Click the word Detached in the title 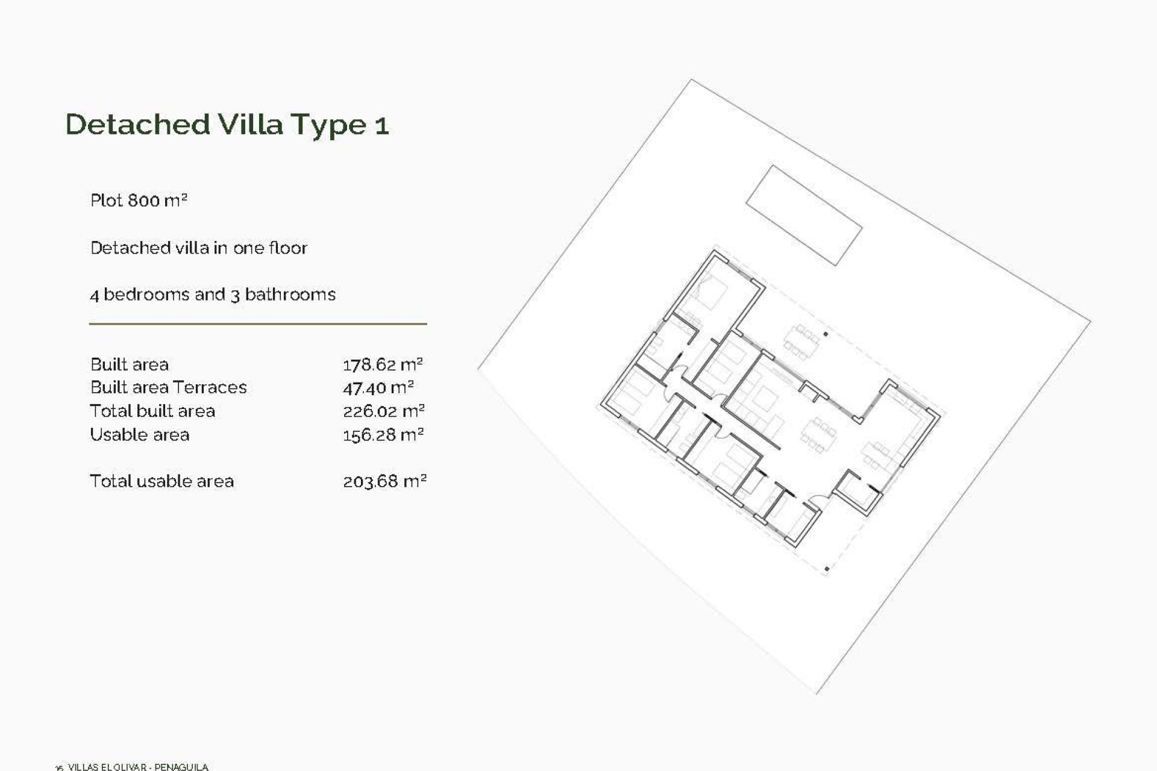137,125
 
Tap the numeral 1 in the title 382,126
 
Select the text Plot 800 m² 139,201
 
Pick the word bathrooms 290,295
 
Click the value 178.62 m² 383,364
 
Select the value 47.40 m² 378,387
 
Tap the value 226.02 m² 383,411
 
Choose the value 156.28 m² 383,435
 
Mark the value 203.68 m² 384,481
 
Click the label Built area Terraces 168,387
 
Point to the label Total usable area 161,481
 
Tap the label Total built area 152,411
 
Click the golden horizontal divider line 258,324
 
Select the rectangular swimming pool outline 804,215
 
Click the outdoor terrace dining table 801,342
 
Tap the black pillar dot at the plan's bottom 827,569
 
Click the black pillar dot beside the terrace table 826,334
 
